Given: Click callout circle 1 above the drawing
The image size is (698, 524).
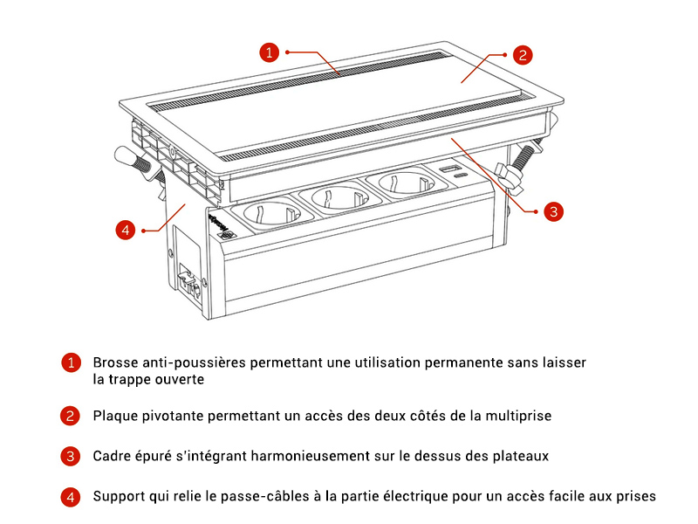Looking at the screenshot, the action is tap(269, 52).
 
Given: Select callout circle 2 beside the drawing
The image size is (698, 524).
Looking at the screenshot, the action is tap(523, 55).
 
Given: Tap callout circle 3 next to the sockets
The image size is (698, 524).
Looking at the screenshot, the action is tap(553, 211).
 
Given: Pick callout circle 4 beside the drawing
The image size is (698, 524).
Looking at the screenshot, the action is tap(126, 230).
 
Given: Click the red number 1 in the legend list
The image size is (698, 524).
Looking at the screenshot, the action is tap(71, 362).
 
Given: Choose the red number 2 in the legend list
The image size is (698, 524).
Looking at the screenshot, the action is tap(70, 416).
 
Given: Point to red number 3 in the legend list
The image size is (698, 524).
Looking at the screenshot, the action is tap(71, 456).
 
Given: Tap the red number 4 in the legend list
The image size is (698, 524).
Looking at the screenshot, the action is tap(71, 497).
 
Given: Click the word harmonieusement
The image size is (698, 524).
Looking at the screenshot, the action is tap(310, 456).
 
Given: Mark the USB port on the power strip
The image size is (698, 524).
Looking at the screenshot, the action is tap(449, 169).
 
